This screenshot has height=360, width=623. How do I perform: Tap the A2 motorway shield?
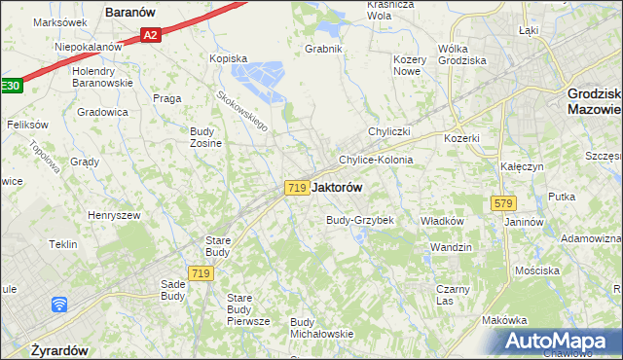coord(149,35)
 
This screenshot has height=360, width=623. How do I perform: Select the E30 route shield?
coord(10,86)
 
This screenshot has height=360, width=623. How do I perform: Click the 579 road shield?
coord(503,202)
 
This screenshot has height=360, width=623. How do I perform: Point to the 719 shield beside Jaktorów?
coord(298,187)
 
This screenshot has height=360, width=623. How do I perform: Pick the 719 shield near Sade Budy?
coord(202,274)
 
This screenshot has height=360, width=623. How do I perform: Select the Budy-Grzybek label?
coord(359,220)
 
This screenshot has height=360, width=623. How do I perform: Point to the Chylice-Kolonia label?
coord(376,160)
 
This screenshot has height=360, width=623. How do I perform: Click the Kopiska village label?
coord(229,58)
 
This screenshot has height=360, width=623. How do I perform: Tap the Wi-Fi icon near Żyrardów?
coord(59,305)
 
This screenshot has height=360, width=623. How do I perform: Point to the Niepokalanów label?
coord(89,46)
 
